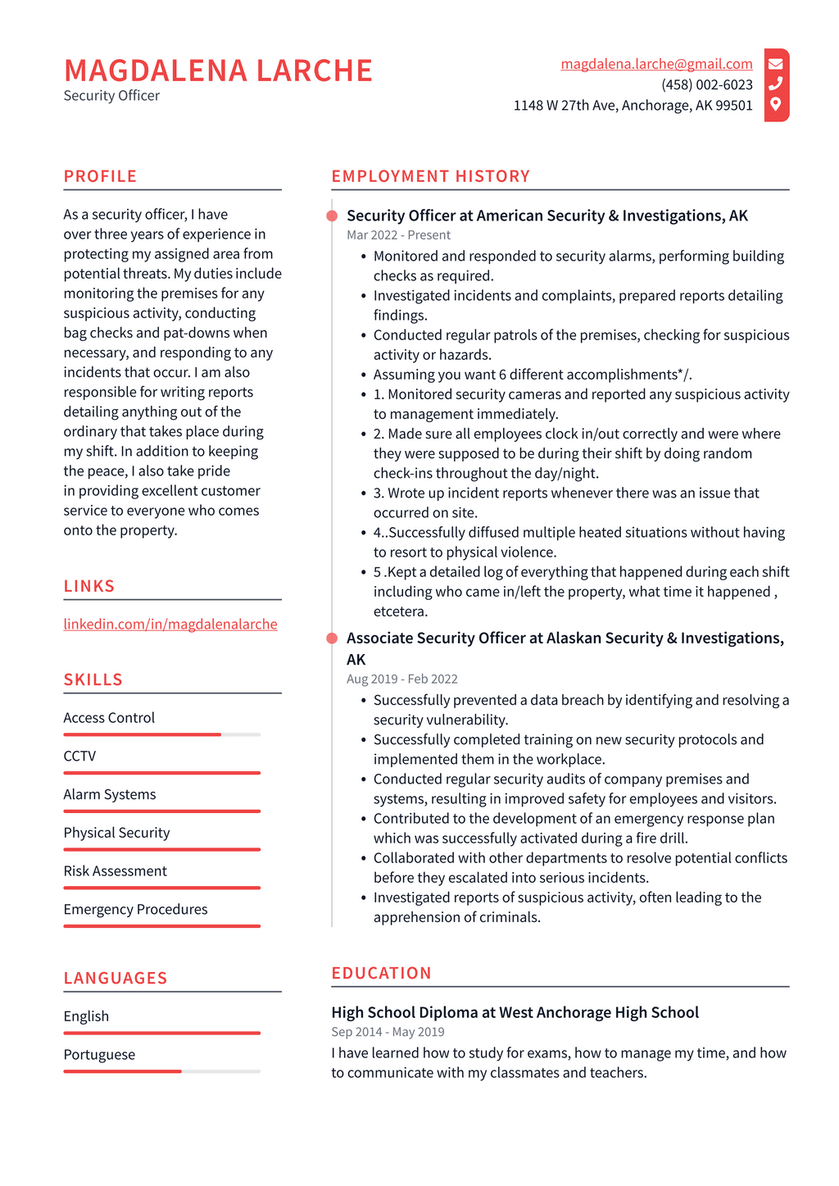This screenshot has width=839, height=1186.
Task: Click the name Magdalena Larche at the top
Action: (218, 71)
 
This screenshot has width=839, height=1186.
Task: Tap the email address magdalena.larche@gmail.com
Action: (656, 64)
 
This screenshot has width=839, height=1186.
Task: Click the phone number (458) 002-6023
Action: (706, 84)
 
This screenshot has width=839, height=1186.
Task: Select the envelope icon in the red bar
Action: (776, 63)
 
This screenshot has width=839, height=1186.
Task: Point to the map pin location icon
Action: (776, 104)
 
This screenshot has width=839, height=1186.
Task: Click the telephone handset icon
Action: (776, 84)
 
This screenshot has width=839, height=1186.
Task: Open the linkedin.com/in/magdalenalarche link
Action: (170, 624)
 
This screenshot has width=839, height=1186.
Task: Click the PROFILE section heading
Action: (100, 176)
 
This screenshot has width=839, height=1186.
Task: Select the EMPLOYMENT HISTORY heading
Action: (430, 176)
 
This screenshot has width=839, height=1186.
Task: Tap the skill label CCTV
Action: (79, 756)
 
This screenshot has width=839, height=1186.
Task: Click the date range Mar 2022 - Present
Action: (398, 235)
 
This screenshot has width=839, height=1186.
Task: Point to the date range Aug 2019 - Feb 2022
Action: (401, 679)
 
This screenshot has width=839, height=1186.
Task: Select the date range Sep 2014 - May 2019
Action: (388, 1032)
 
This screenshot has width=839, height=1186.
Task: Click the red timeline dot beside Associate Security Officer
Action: (332, 638)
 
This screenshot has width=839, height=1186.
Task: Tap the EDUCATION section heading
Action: (381, 973)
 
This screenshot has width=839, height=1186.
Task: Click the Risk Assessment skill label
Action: (115, 870)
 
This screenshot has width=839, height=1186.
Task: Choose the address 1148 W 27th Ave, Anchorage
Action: (633, 105)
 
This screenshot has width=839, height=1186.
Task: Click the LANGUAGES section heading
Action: (116, 978)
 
